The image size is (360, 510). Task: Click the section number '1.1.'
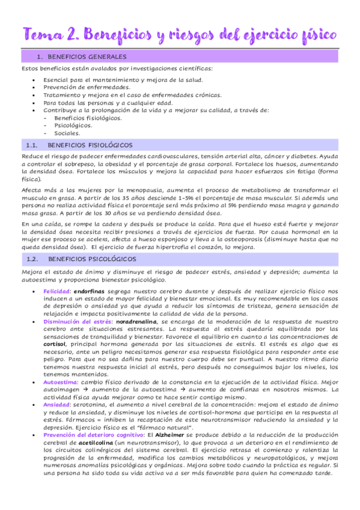(32, 145)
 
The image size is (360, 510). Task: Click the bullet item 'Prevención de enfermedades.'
(78, 87)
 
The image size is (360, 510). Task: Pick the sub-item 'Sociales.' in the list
(67, 134)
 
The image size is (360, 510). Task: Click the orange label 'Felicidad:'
(57, 291)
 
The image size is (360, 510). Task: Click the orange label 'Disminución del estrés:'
(75, 322)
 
